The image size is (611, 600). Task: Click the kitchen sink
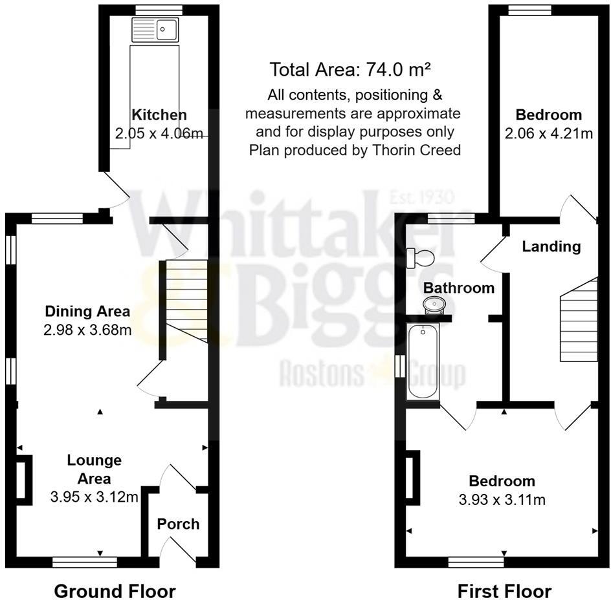(155, 30)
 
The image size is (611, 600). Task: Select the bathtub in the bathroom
(423, 363)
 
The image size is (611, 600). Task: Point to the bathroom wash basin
(432, 304)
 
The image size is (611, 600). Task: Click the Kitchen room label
(159, 115)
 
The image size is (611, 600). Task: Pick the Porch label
(178, 524)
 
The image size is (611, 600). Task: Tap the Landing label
(551, 246)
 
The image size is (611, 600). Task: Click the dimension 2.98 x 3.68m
(87, 330)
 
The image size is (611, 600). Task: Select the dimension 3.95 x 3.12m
(94, 497)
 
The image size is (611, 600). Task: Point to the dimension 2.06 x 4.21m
(548, 134)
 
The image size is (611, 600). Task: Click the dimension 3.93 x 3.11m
(502, 500)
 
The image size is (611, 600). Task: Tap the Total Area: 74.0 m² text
(351, 69)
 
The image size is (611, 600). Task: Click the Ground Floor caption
(115, 591)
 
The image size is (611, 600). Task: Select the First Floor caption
(504, 591)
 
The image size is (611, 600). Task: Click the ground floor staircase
(185, 300)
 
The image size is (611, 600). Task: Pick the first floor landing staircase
(579, 320)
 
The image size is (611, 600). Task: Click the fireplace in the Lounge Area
(23, 478)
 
